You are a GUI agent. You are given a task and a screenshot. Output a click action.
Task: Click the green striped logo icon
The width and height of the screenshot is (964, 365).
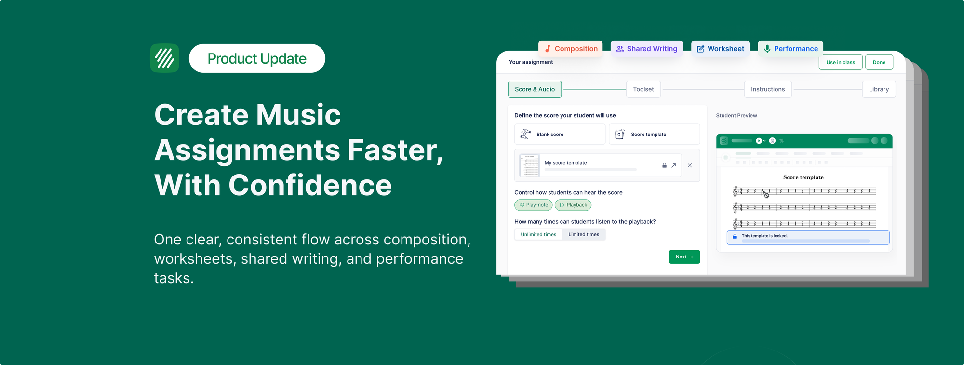[164, 58]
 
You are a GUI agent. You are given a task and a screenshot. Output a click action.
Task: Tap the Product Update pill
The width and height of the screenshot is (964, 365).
[257, 58]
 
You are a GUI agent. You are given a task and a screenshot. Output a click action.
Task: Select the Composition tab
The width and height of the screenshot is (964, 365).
[571, 49]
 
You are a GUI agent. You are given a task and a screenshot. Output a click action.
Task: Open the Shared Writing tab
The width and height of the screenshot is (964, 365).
[647, 49]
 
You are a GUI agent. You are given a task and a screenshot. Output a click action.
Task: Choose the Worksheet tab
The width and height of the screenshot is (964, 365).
[721, 49]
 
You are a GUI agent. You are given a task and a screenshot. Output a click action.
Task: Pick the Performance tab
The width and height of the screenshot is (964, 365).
[790, 49]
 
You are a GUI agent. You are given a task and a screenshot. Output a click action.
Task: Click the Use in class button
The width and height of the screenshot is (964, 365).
[841, 62]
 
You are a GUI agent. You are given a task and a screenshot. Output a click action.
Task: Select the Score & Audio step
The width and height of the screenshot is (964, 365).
[535, 89]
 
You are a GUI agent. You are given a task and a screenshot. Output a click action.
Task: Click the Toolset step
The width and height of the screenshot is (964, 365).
[643, 89]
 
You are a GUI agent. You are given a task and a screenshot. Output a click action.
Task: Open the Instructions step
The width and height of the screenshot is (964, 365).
[768, 89]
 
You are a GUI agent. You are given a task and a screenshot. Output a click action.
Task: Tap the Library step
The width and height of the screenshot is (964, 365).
[879, 89]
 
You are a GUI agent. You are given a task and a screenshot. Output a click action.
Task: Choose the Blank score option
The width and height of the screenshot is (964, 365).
[560, 135]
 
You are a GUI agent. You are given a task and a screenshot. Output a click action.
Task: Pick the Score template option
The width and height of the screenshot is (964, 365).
[654, 135]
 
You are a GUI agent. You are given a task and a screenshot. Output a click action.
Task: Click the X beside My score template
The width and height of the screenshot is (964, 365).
[690, 165]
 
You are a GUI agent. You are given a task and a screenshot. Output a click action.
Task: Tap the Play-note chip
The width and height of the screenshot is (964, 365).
[534, 205]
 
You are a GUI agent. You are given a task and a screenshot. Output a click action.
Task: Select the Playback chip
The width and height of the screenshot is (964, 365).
[573, 205]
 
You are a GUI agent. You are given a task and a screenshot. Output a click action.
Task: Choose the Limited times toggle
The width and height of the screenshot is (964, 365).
[584, 235]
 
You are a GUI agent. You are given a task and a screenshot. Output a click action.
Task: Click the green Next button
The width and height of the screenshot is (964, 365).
[684, 257]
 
